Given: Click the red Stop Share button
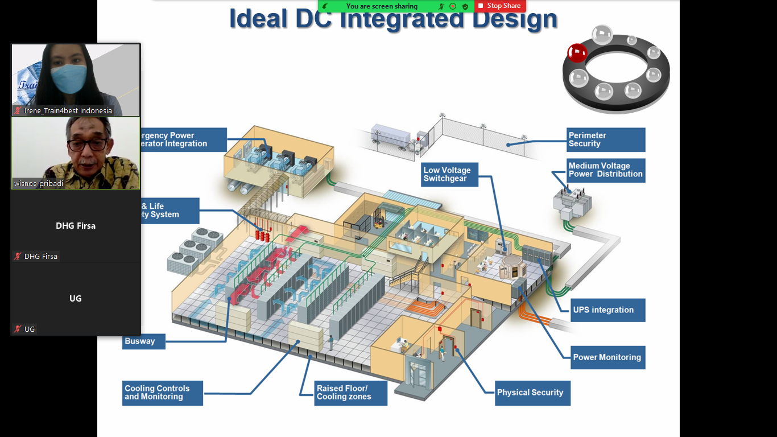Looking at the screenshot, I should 500,6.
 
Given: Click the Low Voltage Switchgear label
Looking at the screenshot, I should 449,174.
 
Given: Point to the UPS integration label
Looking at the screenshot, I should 607,310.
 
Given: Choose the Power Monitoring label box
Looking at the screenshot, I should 607,357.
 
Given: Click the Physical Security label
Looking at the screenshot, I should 532,393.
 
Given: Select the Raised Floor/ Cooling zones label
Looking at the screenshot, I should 350,393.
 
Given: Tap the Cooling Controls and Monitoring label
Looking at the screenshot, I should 162,393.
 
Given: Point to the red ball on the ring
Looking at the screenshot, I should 577,53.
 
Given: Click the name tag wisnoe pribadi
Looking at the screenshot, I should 39,184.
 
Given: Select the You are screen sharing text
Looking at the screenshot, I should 381,6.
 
